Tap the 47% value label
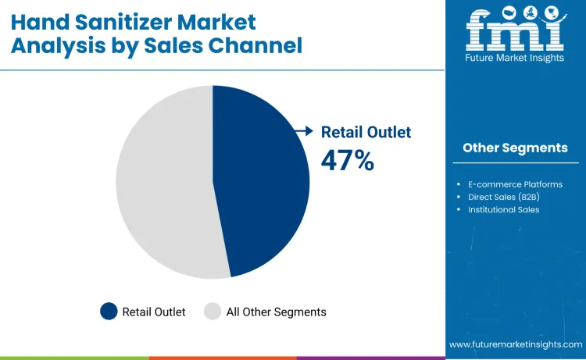coord(348,160)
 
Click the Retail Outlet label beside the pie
coord(366,132)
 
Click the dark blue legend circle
coord(109,312)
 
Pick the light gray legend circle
coord(213,312)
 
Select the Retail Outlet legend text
coord(154,312)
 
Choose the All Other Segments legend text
coord(276,312)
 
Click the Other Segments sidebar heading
coord(515,148)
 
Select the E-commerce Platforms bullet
coord(515,184)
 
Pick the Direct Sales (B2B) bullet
coord(504,197)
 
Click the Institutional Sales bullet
coord(503,209)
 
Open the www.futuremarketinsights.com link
coord(516,344)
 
